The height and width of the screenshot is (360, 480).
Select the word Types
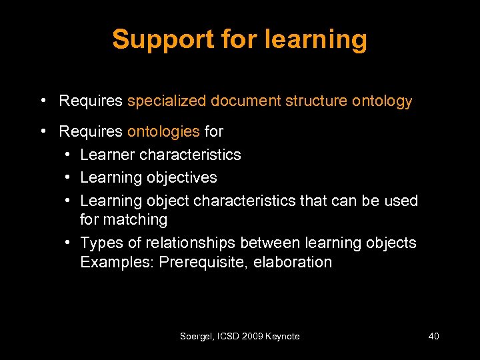[x=101, y=243]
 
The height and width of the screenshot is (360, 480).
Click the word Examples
[x=117, y=262]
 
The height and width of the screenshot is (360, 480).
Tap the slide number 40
[x=433, y=337]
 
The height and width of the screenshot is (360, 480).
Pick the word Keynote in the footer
[x=283, y=337]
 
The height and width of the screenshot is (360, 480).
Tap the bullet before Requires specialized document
[x=43, y=101]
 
